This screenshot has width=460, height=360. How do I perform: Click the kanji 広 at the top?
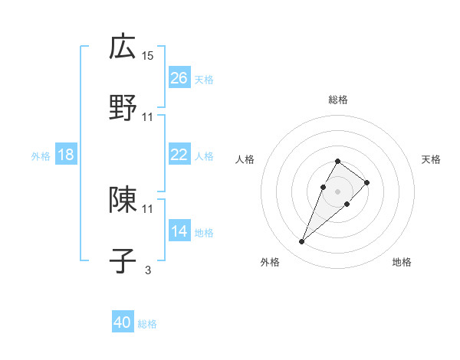click(x=123, y=47)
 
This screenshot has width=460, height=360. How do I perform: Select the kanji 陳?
click(x=123, y=200)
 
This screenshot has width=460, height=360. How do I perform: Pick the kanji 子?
click(x=123, y=260)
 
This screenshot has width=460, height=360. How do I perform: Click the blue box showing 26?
click(x=179, y=78)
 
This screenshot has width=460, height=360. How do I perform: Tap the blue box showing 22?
click(x=179, y=155)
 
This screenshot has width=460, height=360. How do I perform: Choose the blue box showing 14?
click(x=179, y=231)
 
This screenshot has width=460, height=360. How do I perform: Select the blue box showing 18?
click(x=66, y=155)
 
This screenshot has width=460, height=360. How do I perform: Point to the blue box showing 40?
click(x=123, y=322)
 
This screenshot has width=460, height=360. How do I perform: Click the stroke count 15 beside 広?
click(x=148, y=56)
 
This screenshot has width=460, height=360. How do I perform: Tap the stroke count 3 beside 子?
click(x=148, y=270)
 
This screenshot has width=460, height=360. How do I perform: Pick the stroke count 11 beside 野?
click(x=148, y=116)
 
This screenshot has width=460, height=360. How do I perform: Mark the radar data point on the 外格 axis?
click(x=301, y=242)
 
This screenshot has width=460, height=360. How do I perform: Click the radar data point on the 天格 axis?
click(x=367, y=182)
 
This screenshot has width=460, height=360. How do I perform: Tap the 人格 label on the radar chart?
click(x=245, y=159)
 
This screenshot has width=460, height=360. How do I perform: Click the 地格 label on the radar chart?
click(x=402, y=262)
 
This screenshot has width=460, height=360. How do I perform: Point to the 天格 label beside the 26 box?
click(x=204, y=79)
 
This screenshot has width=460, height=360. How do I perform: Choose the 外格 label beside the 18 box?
click(x=41, y=155)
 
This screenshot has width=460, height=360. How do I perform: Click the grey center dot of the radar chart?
click(x=337, y=191)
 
